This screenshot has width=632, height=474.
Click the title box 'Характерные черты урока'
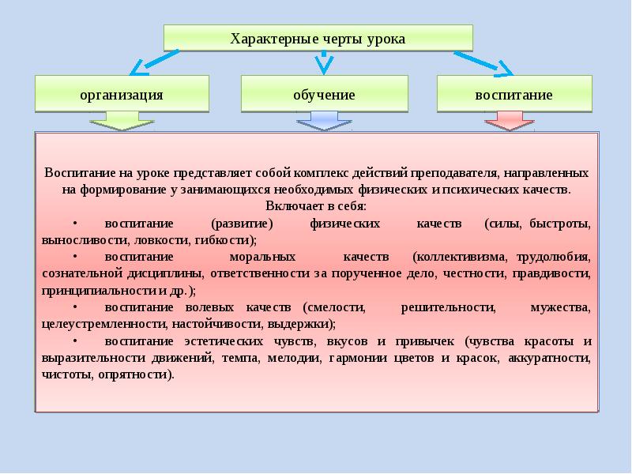[x=318, y=38]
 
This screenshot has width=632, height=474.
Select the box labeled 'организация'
[x=122, y=94]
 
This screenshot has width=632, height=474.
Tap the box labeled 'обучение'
[x=324, y=94]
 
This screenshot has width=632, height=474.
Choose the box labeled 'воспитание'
[x=513, y=94]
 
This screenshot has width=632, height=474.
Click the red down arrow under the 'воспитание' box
[x=509, y=121]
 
